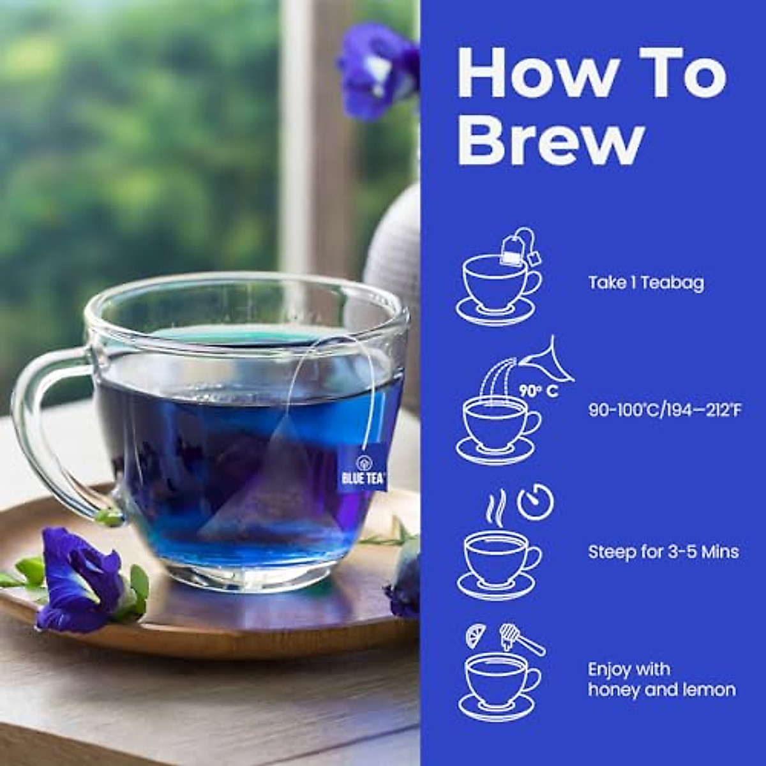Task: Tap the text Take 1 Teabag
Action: click(x=646, y=283)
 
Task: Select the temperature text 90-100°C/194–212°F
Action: click(x=665, y=410)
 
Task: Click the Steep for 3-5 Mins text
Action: click(x=663, y=552)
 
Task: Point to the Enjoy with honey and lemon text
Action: click(x=661, y=679)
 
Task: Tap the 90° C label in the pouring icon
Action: click(x=538, y=391)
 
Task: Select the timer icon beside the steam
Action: click(x=535, y=503)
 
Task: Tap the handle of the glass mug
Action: click(x=45, y=434)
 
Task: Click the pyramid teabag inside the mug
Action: click(x=268, y=485)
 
